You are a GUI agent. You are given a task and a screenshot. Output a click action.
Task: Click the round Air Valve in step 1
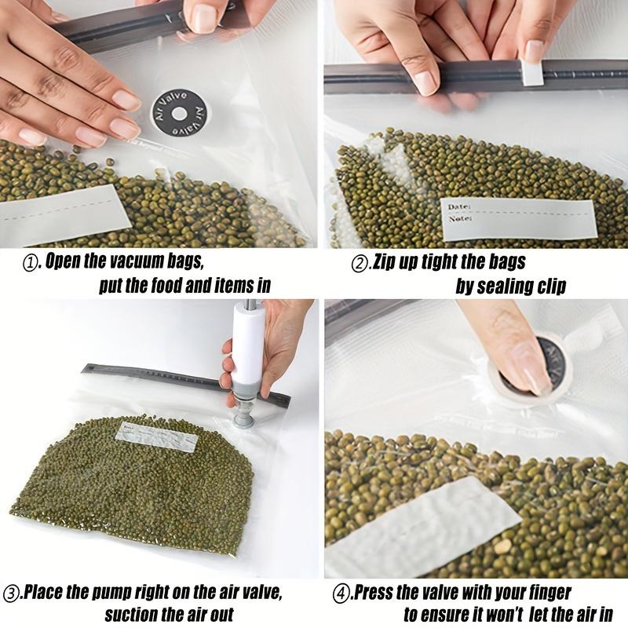click(179, 113)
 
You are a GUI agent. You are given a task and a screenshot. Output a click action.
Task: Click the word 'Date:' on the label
click(459, 206)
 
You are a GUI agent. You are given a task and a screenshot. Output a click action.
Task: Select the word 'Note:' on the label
click(459, 219)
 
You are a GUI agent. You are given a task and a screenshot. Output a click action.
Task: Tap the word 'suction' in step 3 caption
click(133, 615)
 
